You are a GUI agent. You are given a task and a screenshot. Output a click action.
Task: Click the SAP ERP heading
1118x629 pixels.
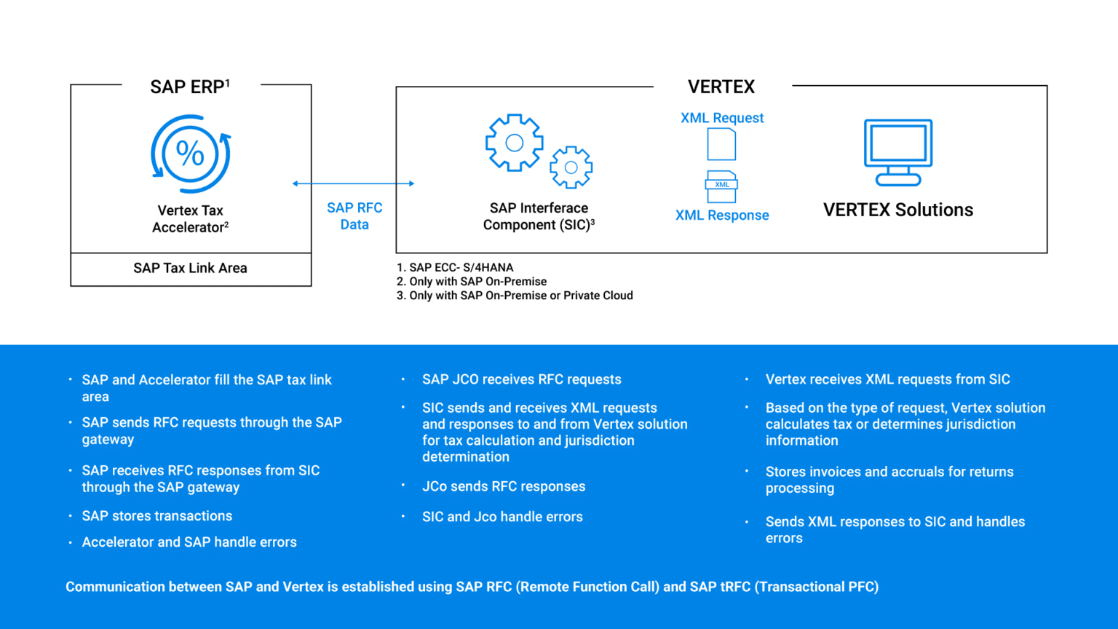click(189, 87)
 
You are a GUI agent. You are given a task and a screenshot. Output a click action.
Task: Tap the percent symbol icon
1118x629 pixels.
click(191, 154)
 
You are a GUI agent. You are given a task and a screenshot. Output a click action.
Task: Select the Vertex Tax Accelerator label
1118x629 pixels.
click(191, 219)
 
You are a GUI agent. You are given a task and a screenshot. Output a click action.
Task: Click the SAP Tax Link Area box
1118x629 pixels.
click(191, 269)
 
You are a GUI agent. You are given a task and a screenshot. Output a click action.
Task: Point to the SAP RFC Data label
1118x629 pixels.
click(354, 216)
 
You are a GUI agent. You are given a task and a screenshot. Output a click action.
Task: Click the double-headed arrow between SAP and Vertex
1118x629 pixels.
click(354, 183)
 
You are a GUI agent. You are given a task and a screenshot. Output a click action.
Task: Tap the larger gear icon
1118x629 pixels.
click(515, 143)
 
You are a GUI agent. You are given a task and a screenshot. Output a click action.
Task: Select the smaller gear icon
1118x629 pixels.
click(571, 167)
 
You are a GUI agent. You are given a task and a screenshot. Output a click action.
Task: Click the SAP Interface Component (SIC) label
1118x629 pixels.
click(539, 217)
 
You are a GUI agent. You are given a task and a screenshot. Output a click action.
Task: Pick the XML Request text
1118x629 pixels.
click(722, 118)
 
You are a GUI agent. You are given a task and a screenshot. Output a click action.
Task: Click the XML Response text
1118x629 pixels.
click(722, 215)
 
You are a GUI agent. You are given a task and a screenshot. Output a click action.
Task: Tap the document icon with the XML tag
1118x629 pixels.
click(722, 186)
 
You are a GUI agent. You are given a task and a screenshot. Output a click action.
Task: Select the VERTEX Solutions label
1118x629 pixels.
click(898, 210)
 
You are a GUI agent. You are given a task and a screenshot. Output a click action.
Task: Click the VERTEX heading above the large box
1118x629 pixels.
click(721, 87)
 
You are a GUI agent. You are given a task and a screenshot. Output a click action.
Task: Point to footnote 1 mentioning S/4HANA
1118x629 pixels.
click(455, 268)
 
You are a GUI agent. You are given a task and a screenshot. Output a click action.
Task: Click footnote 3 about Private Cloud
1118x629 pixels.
click(515, 296)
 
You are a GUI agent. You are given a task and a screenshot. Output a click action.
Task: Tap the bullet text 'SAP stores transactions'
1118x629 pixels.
click(157, 516)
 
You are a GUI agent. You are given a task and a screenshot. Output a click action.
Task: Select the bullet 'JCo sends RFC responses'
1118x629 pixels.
click(504, 486)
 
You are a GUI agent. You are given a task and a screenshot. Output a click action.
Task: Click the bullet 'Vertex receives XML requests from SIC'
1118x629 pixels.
click(888, 379)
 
